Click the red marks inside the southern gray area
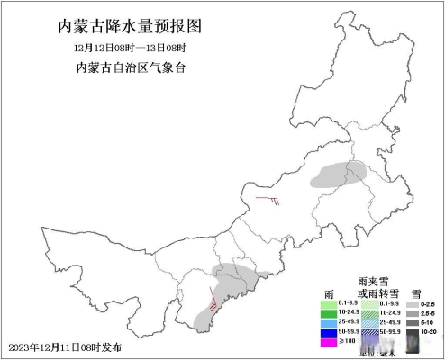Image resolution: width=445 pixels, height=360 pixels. pos(213,300)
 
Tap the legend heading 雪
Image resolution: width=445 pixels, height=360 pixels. pos(416,293)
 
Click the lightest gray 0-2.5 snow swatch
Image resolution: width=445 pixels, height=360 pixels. pos(410,305)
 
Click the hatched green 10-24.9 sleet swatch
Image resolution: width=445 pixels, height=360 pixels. pos(369,312)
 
